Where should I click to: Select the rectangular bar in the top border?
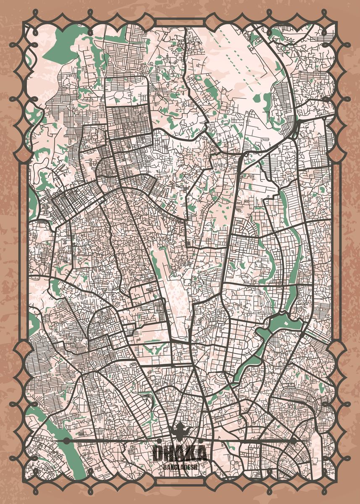click(x=180, y=22)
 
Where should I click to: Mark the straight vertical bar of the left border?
click(x=24, y=252)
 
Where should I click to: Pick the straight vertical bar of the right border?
click(x=336, y=252)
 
